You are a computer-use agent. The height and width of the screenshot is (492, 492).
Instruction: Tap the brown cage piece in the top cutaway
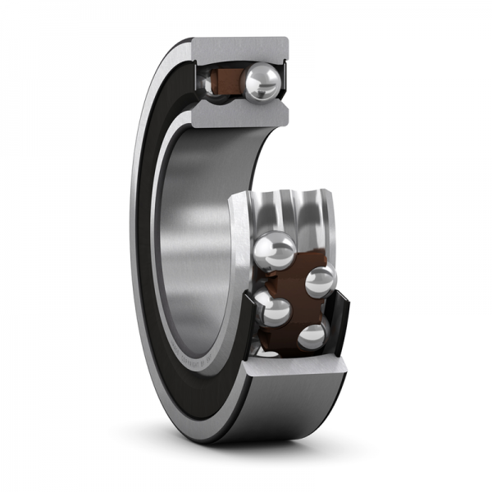[x=225, y=82]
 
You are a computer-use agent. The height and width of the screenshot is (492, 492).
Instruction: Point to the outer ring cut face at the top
[x=242, y=48]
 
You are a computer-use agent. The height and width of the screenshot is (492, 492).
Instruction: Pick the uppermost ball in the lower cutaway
[x=276, y=251]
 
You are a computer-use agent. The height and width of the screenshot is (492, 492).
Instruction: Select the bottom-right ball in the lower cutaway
[x=312, y=337]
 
